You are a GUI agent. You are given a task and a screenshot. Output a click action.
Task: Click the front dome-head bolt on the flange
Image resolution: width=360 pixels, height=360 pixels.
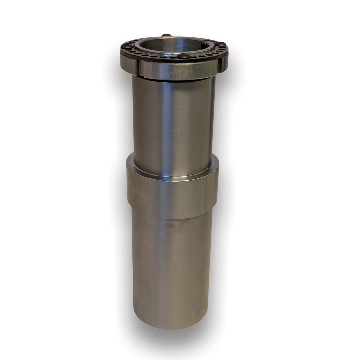[x=183, y=56]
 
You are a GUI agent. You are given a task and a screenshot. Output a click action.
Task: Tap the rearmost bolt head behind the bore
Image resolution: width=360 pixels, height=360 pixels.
[x=166, y=35]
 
